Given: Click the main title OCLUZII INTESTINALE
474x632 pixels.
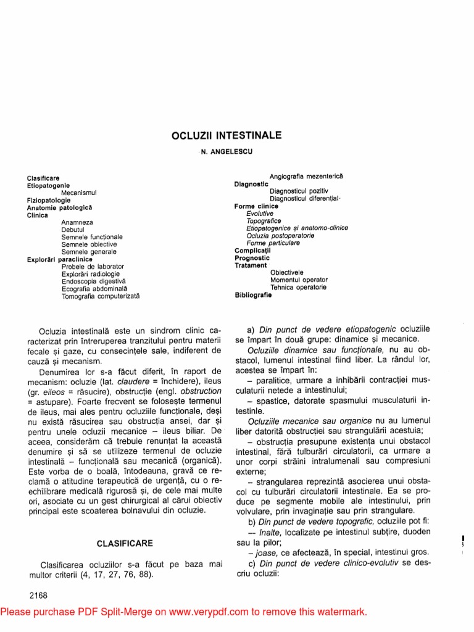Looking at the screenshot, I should pyautogui.click(x=227, y=135).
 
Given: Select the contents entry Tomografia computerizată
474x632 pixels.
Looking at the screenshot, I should pyautogui.click(x=101, y=296).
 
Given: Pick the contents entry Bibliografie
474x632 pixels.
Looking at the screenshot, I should pyautogui.click(x=253, y=295).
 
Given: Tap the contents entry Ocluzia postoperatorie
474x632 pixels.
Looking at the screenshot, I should pyautogui.click(x=280, y=236).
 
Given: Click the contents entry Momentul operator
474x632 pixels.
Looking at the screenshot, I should pyautogui.click(x=299, y=280).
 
